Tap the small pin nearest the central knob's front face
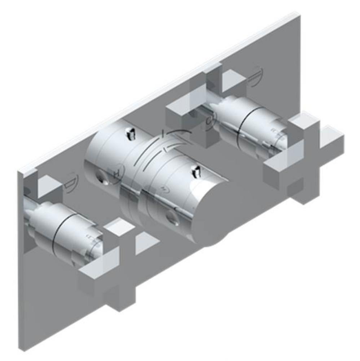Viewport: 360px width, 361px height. click(197, 171)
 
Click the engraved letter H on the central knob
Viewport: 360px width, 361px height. click(117, 172)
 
